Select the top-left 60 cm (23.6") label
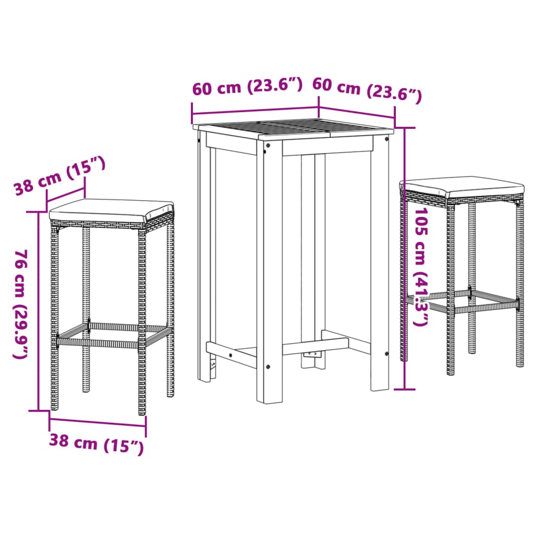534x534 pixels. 247,87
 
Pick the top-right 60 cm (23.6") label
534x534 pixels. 367,89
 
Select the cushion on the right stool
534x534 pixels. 462,186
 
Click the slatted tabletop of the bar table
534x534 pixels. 292,130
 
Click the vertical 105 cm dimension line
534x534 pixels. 406,261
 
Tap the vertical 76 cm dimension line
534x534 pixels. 39,313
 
